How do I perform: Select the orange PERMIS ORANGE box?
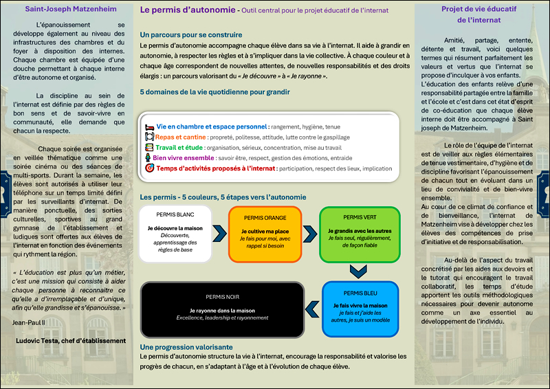[265, 234]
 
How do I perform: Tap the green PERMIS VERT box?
[360, 233]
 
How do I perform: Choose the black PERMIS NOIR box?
[222, 309]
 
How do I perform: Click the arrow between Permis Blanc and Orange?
[219, 234]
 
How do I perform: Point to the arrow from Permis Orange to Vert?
[310, 234]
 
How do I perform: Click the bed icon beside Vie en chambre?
[149, 127]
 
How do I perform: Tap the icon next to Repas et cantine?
[149, 137]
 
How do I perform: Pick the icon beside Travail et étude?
[149, 147]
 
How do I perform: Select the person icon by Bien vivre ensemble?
[148, 157]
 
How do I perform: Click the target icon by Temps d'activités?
[149, 168]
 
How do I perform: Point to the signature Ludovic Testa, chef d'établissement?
[71, 340]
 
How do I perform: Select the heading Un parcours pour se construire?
[190, 34]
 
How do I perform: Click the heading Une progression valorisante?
[186, 348]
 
